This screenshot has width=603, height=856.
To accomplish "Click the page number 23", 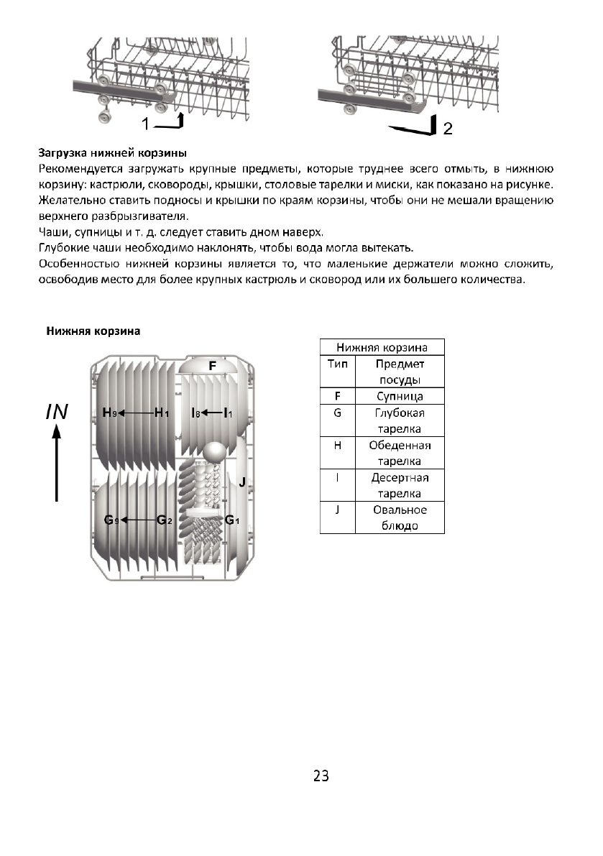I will click(x=321, y=776).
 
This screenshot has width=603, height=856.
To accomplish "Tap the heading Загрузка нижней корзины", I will click(x=112, y=153).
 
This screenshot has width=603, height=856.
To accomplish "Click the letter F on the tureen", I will click(x=212, y=366).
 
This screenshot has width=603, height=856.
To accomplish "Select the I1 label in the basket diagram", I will click(x=228, y=413).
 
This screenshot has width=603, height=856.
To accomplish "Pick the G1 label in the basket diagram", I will click(x=231, y=520).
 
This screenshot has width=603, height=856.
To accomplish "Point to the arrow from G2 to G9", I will click(x=138, y=520).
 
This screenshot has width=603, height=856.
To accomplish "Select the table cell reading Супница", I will click(x=400, y=396).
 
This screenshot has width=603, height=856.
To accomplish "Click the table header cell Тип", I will click(x=337, y=364).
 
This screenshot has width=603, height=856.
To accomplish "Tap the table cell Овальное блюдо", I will click(x=400, y=517).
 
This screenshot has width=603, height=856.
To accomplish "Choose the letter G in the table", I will click(x=337, y=413).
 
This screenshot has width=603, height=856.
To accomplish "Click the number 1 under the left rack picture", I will click(x=145, y=124).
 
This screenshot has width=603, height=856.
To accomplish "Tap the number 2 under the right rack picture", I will click(x=448, y=129).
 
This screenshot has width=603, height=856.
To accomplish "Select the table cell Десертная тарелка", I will click(x=400, y=485).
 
